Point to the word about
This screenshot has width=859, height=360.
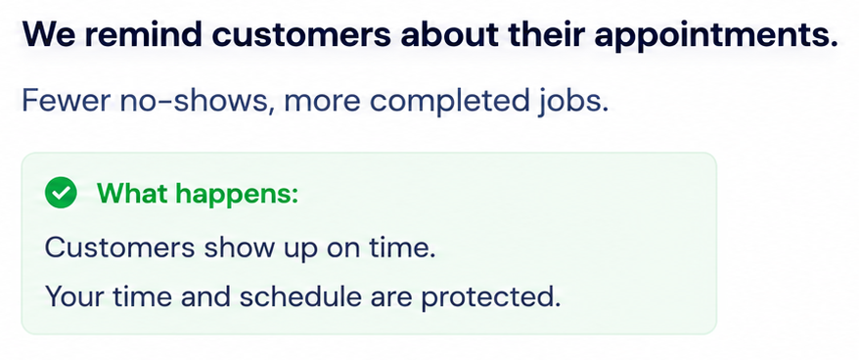[x=449, y=35]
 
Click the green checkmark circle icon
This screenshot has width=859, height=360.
[x=61, y=193]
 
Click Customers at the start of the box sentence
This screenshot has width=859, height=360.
[x=119, y=247]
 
